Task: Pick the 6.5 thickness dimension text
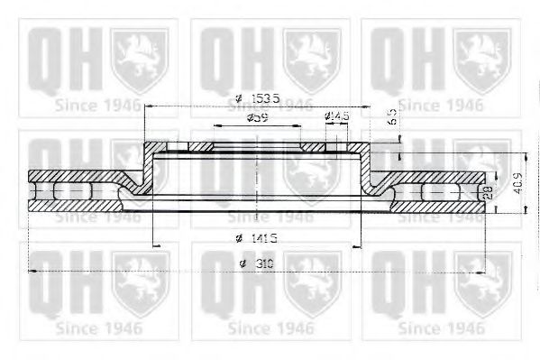[389, 116]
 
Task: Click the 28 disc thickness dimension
[488, 192]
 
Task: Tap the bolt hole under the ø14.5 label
[334, 148]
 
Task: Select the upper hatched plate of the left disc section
[77, 176]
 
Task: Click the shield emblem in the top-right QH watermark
[483, 53]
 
